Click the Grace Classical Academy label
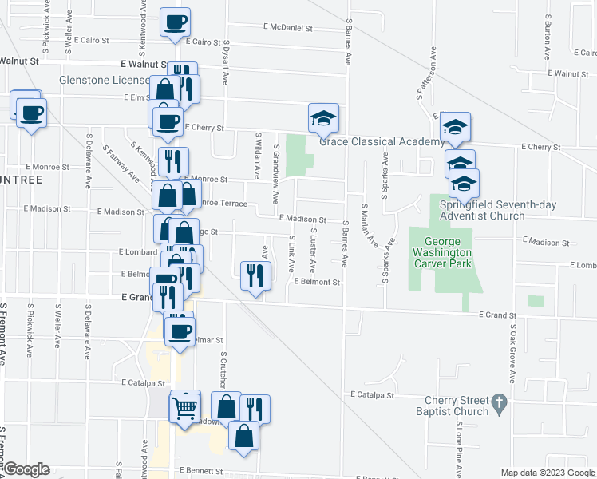(x=381, y=142)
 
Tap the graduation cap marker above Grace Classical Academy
(x=324, y=118)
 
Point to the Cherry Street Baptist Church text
(x=447, y=405)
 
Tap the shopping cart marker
(x=185, y=408)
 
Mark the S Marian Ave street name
(x=369, y=225)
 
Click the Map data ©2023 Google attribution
(x=547, y=473)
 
